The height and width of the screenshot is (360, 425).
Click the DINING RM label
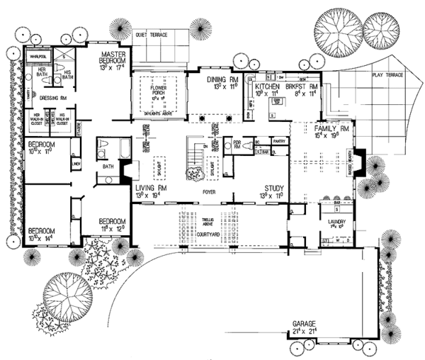pyautogui.click(x=216, y=79)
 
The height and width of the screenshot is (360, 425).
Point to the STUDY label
pyautogui.click(x=272, y=187)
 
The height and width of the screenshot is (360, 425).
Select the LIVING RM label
pyautogui.click(x=149, y=187)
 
